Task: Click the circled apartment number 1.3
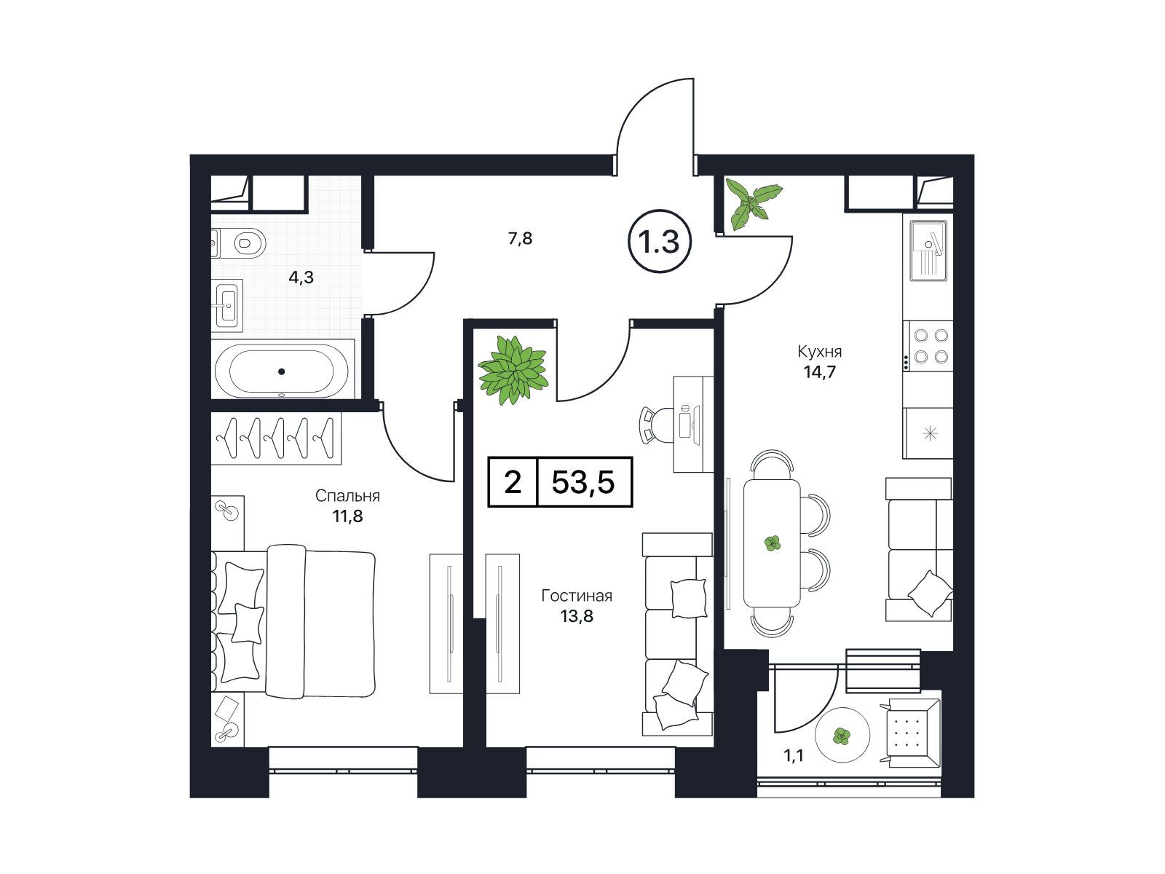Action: coord(659,242)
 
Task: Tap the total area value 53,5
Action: coord(582,482)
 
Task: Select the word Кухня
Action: coord(819,351)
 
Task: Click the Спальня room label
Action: coord(347,496)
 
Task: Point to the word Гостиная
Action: coord(577,595)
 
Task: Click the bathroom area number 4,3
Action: coord(301,277)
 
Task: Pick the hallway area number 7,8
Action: coord(520,239)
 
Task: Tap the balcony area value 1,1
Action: coord(794,755)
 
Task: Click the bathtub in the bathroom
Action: coord(282,371)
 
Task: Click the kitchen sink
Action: coord(928,251)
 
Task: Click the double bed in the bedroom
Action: coord(293,621)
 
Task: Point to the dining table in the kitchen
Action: coord(772,543)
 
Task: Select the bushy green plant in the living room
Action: coord(513,370)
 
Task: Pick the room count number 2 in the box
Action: coord(512,482)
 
